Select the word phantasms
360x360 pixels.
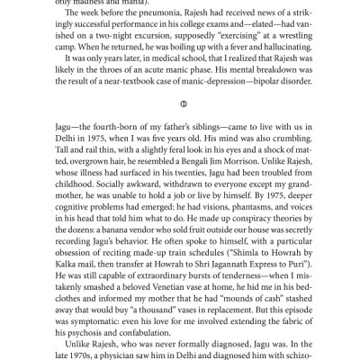(x=221, y=219)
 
